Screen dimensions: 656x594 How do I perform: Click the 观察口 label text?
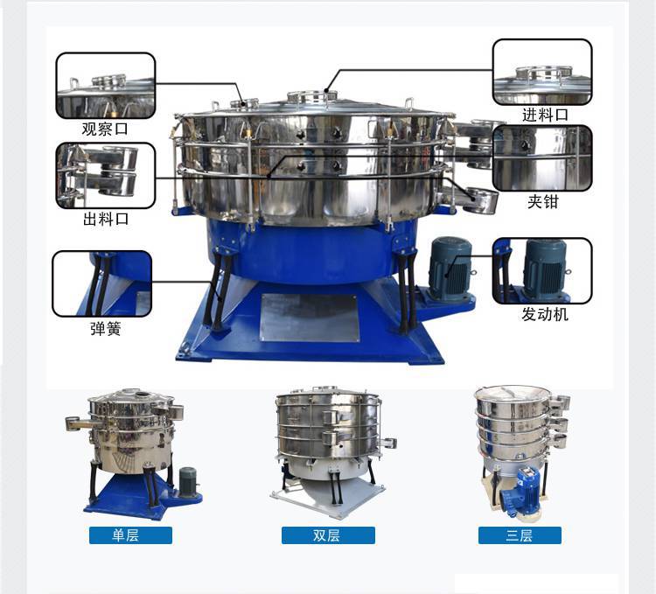(x=105, y=129)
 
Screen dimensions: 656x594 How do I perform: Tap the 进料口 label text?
(x=545, y=115)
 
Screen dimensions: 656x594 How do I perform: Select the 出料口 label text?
(x=106, y=219)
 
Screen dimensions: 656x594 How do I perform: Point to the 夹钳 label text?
(x=542, y=201)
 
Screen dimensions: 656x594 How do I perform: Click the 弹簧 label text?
(x=106, y=328)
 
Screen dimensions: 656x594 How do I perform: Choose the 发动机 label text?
(x=545, y=314)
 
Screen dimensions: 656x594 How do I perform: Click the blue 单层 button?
(x=130, y=535)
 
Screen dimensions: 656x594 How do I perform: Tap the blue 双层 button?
(x=328, y=535)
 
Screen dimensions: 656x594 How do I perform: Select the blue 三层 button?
(x=520, y=535)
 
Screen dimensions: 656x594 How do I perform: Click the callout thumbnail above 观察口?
(x=106, y=86)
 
